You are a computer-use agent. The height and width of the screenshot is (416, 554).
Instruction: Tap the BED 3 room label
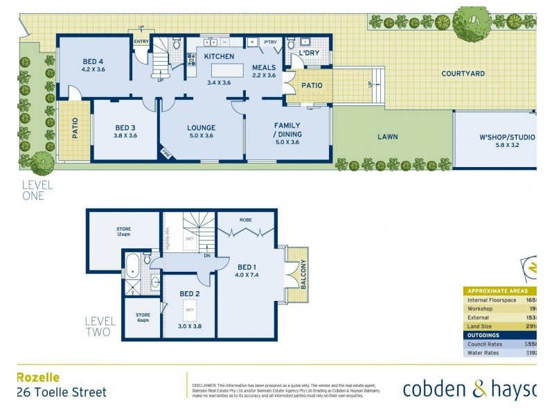[x=126, y=128]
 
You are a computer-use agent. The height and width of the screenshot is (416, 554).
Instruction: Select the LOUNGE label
[x=202, y=128]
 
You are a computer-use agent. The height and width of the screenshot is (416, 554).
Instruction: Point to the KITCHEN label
[x=219, y=56]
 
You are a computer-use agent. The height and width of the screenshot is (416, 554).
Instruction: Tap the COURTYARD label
[x=463, y=73]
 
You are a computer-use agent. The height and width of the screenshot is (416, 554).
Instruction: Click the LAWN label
[x=388, y=137]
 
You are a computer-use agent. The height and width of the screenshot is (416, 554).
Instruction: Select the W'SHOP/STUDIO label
[x=507, y=137]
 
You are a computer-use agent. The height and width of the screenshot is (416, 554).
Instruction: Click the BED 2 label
[x=189, y=294]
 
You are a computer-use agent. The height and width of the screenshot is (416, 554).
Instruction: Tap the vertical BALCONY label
[x=303, y=275]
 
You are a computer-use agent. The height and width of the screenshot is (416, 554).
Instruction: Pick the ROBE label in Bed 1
[x=246, y=220]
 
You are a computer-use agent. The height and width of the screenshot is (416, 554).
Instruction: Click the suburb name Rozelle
[x=37, y=378]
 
